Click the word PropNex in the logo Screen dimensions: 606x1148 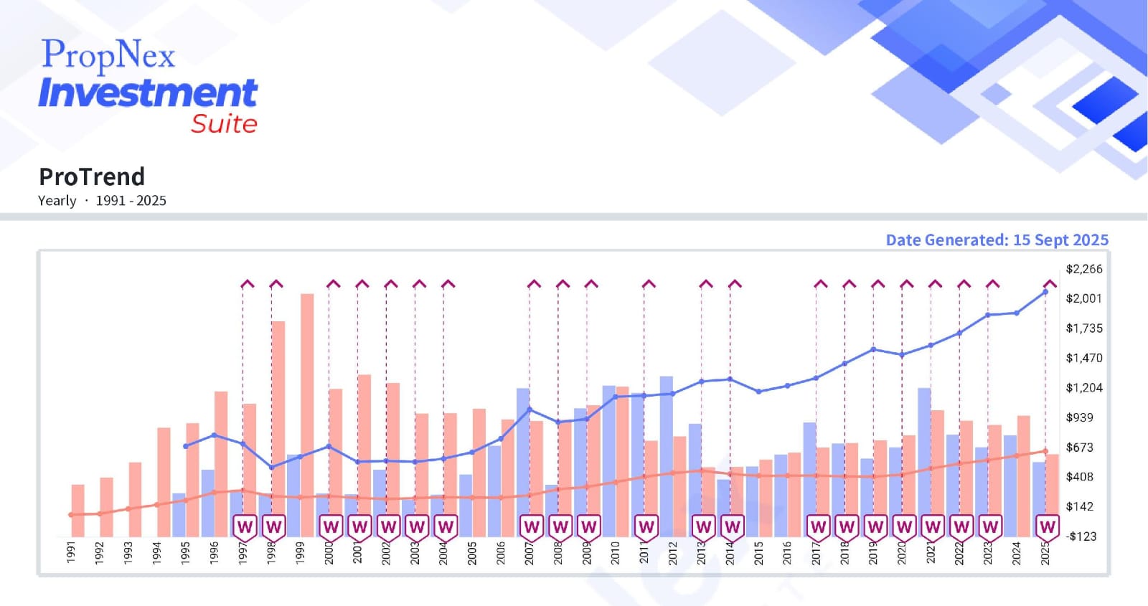coord(108,55)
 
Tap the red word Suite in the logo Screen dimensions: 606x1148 coord(224,124)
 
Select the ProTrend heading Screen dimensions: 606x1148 coord(92,176)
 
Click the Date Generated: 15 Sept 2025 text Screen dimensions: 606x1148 coord(997,240)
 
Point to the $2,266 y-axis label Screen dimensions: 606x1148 coord(1083,269)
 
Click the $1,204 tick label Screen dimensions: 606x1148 coord(1083,388)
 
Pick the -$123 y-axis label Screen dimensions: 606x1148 coord(1081,536)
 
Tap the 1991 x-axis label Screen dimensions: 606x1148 coord(71,552)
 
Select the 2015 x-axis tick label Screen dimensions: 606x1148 coord(759,552)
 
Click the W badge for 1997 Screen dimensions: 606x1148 coord(245,527)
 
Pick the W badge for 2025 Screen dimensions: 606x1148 coord(1048,527)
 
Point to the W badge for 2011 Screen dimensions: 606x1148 coord(646,527)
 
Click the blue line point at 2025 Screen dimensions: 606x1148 coord(1045,292)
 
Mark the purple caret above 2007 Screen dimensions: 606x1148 coord(534,284)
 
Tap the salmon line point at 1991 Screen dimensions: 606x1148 coord(71,515)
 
